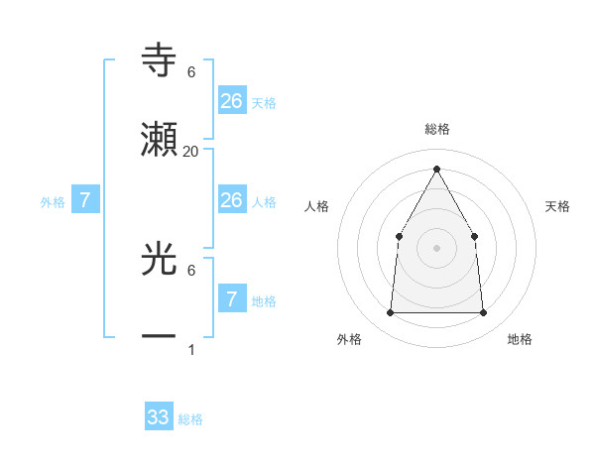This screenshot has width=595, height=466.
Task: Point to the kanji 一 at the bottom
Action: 160,337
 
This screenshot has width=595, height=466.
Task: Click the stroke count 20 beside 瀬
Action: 191,151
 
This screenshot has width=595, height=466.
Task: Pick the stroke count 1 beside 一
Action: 191,349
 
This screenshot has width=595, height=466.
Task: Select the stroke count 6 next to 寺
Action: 191,72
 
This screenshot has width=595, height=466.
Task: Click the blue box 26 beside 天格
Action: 231,100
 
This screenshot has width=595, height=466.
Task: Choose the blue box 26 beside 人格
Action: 231,200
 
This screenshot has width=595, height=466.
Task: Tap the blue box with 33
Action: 159,417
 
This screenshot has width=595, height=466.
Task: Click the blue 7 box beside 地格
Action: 231,298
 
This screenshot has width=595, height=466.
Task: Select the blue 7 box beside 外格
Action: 85,200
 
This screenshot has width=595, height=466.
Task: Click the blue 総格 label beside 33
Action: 190,419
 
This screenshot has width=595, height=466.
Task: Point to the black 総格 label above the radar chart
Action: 437,129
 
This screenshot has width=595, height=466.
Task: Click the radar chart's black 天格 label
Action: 558,206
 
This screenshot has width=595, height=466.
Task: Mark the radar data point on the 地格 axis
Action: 483,313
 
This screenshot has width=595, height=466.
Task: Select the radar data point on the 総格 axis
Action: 436,169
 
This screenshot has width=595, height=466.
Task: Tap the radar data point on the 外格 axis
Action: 390,313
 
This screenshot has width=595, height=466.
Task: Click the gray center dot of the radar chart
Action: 436,247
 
